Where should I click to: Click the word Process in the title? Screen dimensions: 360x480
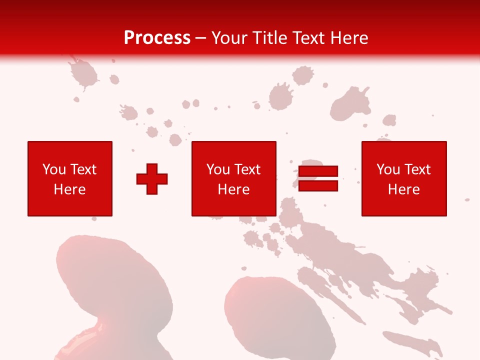(157, 38)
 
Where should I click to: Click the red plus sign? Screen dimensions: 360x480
(152, 179)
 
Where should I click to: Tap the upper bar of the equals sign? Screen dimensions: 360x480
(318, 171)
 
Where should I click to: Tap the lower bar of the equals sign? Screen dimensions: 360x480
(318, 186)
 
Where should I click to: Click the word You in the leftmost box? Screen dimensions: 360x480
(53, 169)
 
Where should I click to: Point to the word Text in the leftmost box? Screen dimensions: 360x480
(83, 169)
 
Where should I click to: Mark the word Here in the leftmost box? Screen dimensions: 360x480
(70, 189)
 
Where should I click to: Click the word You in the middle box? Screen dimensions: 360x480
(217, 169)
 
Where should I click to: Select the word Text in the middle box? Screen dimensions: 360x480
(247, 169)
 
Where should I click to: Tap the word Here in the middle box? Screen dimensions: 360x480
(233, 189)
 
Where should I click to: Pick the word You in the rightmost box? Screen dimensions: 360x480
(387, 169)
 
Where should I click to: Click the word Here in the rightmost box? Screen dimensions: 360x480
(404, 189)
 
